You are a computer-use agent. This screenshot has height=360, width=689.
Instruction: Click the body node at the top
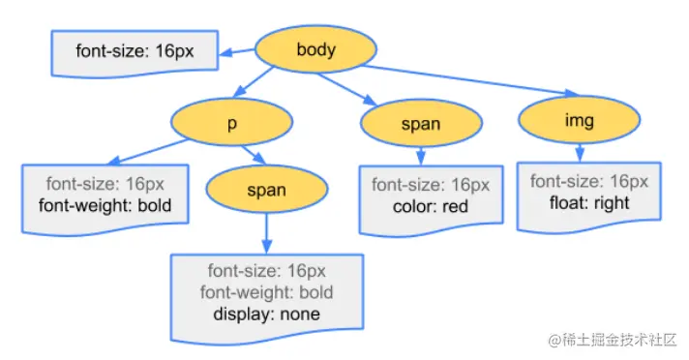point(316,49)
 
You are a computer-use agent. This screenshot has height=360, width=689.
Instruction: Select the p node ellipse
point(232,123)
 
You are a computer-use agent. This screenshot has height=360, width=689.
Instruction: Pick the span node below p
point(266,190)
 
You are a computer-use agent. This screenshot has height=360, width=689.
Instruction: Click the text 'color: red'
point(431,205)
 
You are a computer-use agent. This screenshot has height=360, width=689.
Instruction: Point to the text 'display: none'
point(266,315)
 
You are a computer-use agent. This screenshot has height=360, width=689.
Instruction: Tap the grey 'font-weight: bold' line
point(266,292)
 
